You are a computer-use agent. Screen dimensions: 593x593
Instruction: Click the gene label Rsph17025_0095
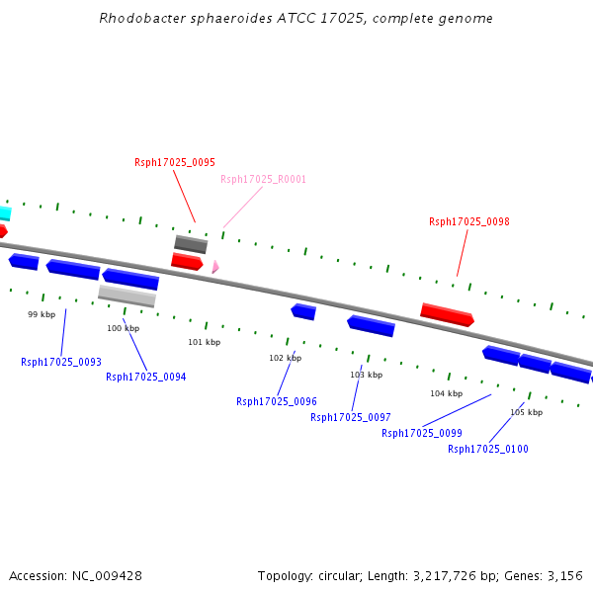[x=175, y=162]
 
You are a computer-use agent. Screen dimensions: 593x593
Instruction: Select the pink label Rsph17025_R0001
[x=263, y=179]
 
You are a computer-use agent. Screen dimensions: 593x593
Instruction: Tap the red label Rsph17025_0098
[x=469, y=221]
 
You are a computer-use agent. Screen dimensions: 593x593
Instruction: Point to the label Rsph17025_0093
[x=61, y=362]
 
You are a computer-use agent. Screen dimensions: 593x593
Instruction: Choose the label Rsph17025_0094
[x=146, y=377]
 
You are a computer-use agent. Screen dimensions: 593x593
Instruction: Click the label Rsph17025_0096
[x=277, y=401]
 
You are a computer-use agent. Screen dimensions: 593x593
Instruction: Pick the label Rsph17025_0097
[x=351, y=417]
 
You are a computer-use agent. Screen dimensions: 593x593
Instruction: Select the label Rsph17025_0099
[x=422, y=433]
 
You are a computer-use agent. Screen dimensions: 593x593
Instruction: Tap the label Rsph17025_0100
[x=488, y=449]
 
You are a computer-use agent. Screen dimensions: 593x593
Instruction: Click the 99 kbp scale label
[x=42, y=314]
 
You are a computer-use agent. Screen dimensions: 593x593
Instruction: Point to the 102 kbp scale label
[x=285, y=358]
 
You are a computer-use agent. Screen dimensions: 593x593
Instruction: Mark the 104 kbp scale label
[x=446, y=393]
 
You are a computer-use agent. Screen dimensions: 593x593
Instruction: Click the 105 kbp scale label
[x=526, y=412]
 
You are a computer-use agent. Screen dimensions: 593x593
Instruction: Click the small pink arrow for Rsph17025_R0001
[x=214, y=266]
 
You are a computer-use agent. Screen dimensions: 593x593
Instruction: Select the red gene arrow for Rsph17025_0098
[x=447, y=314]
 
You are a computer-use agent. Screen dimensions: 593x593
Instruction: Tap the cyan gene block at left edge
[x=5, y=212]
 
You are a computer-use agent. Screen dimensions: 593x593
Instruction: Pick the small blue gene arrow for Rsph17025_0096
[x=303, y=311]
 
